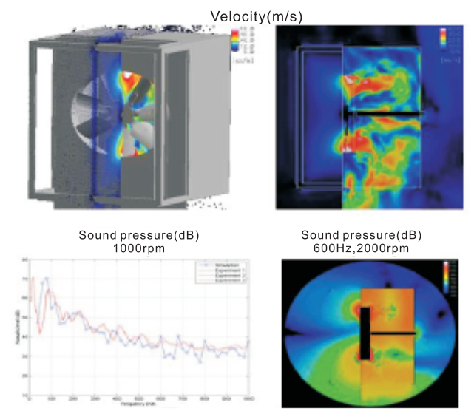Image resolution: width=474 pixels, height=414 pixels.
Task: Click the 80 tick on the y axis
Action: pyautogui.click(x=24, y=260)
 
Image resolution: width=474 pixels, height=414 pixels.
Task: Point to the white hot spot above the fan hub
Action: pyautogui.click(x=130, y=76)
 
